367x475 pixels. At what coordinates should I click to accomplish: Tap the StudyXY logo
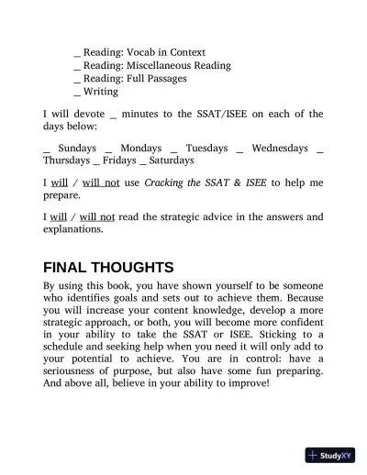[330, 455]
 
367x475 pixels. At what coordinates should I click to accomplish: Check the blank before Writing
[76, 93]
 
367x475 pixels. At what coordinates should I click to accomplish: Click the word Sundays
[76, 147]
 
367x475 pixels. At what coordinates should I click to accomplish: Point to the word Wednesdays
[279, 147]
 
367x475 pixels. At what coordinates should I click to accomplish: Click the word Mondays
[140, 147]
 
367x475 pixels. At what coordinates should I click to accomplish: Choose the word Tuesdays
[206, 147]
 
